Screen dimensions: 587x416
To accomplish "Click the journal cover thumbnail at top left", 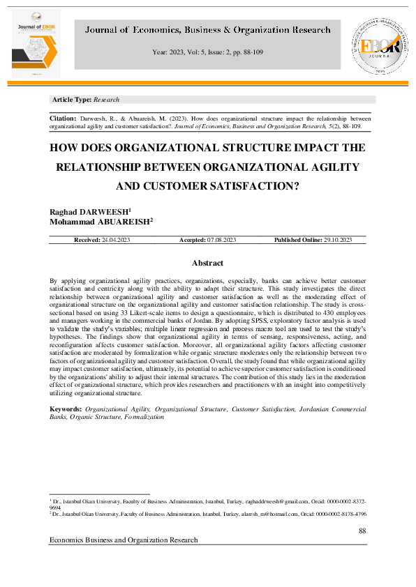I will point(36,43).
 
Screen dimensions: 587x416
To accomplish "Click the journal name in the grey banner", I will point(207,30).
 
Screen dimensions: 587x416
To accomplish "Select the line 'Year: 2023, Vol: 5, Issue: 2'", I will point(207,52).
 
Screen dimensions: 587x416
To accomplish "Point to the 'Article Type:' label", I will point(73,100).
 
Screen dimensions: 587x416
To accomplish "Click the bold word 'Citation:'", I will point(63,119).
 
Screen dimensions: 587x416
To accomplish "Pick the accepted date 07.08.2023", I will point(221,240).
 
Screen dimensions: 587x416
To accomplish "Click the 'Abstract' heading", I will point(207,263).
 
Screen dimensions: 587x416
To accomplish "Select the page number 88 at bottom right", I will point(362,531).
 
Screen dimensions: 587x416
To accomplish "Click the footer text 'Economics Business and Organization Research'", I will point(124,540).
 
